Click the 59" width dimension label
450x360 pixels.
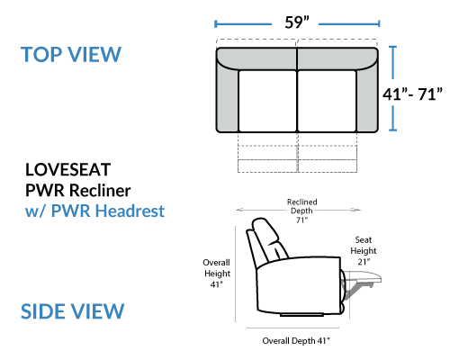[297, 22]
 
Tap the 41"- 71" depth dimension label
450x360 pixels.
[412, 94]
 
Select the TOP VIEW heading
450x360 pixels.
[71, 55]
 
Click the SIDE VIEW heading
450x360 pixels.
[72, 311]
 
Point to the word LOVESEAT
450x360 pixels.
[68, 169]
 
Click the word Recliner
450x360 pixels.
[100, 190]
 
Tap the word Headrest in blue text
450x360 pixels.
[130, 211]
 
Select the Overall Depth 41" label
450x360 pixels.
[296, 341]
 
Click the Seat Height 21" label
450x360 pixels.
[364, 251]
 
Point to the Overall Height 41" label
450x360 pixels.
[217, 274]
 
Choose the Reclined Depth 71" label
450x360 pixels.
[301, 211]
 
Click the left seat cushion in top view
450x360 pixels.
[267, 101]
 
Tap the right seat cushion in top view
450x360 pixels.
[327, 101]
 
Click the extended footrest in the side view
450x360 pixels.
[363, 276]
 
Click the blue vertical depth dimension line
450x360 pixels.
[392, 88]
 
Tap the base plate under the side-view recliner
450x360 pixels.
[301, 315]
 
